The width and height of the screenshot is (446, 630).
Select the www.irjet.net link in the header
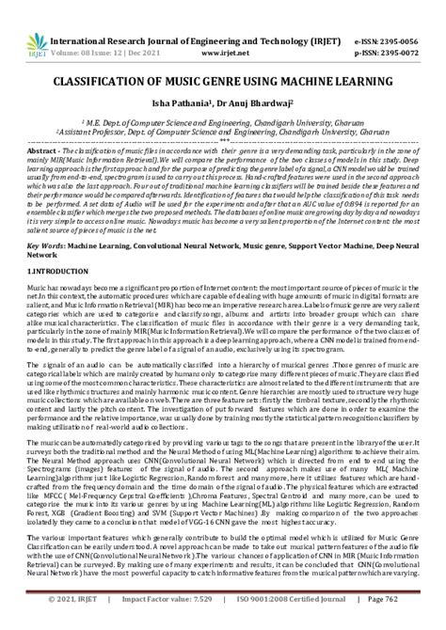coord(239,29)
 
